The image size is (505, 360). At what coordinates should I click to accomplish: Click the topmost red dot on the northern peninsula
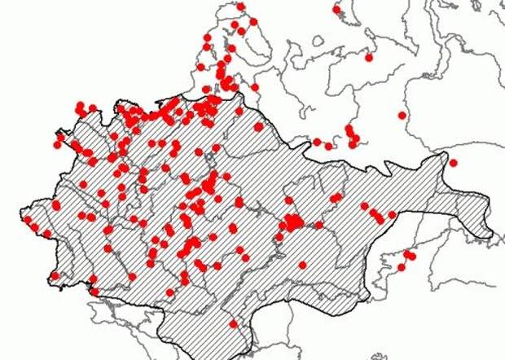(x=240, y=7)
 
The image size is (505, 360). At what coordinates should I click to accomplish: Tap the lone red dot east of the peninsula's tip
(x=336, y=9)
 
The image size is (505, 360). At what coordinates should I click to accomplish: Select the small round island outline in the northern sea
(x=318, y=41)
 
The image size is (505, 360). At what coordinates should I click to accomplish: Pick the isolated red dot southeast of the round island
(x=368, y=57)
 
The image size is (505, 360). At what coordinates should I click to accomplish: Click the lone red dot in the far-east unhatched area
(x=402, y=115)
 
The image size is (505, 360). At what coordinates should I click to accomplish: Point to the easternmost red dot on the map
(x=453, y=163)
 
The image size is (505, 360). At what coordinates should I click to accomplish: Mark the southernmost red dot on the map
(x=233, y=323)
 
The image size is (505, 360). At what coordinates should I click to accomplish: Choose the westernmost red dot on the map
(x=28, y=219)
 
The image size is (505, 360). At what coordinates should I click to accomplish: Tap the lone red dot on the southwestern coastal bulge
(x=55, y=275)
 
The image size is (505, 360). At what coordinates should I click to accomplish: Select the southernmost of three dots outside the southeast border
(x=401, y=267)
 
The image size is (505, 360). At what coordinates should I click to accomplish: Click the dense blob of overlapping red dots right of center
(x=292, y=222)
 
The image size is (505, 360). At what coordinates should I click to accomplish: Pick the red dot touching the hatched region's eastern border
(x=391, y=214)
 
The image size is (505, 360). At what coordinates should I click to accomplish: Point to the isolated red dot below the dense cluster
(x=302, y=265)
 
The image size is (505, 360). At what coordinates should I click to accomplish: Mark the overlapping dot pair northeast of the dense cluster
(x=336, y=197)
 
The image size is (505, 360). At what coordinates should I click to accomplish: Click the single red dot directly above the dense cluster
(x=288, y=200)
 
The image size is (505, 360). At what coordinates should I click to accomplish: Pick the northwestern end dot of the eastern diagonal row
(x=364, y=206)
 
